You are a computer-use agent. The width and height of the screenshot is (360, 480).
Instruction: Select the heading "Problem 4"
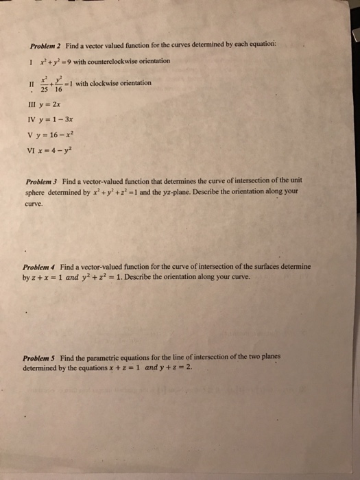pyautogui.click(x=39, y=266)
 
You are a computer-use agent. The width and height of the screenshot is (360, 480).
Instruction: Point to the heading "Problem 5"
pyautogui.click(x=39, y=358)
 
